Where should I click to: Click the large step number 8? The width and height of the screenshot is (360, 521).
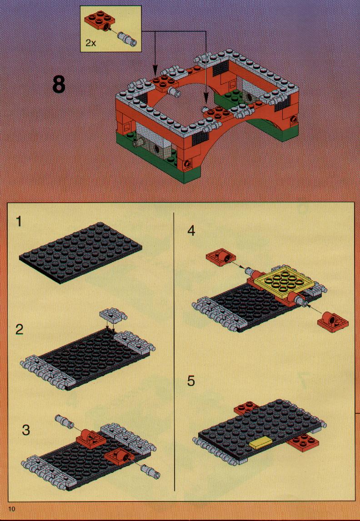(59, 85)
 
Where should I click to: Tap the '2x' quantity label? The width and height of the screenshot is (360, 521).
(90, 43)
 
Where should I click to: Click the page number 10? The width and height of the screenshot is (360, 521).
(12, 509)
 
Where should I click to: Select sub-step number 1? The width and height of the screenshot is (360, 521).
(19, 221)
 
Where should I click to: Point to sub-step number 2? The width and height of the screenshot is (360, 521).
(19, 329)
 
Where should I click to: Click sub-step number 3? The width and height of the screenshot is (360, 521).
(26, 430)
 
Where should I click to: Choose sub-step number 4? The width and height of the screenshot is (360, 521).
(191, 230)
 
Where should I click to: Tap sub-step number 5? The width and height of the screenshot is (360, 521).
(191, 381)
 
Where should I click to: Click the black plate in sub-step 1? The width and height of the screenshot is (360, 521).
(81, 252)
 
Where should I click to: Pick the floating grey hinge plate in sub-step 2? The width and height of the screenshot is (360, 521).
(113, 315)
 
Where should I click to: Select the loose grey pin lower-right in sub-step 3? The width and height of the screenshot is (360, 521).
(151, 471)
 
